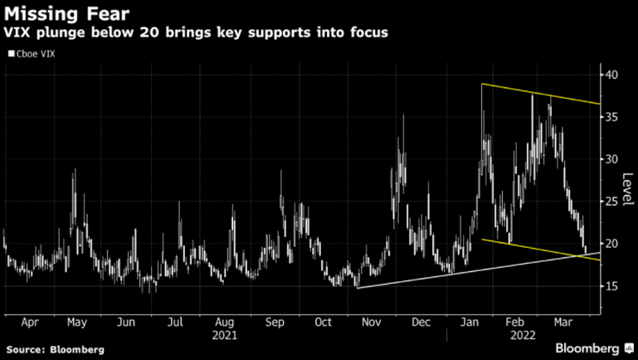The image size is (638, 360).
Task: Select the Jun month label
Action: point(126,322)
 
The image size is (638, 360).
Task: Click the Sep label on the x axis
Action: point(276,322)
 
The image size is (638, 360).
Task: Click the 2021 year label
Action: point(225,335)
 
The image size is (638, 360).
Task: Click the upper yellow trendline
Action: point(548,94)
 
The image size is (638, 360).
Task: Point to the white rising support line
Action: point(465,273)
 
